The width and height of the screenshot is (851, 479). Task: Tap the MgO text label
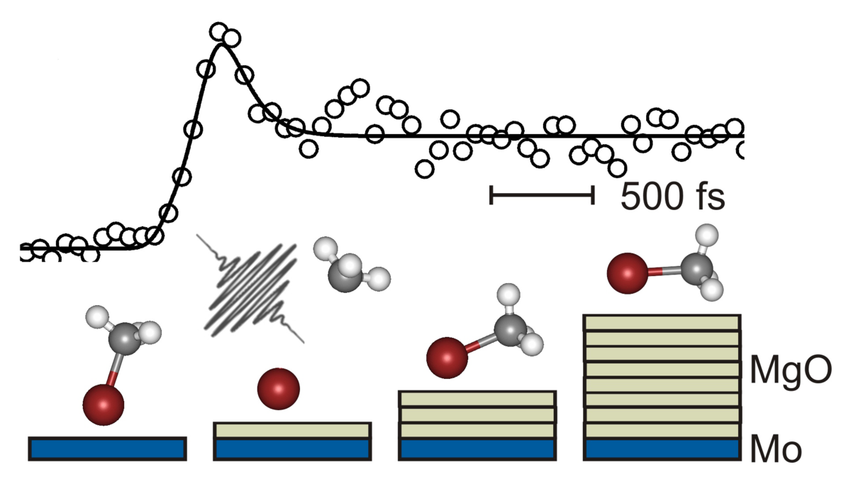click(x=789, y=372)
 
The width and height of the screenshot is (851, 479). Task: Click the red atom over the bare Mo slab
click(x=104, y=404)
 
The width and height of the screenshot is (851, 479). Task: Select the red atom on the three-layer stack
click(x=447, y=358)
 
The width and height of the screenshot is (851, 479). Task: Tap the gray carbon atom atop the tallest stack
click(x=698, y=268)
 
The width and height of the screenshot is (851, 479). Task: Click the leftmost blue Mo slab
click(x=108, y=448)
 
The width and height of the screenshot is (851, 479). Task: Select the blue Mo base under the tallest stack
click(x=661, y=448)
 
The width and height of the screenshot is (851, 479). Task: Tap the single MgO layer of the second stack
click(x=292, y=429)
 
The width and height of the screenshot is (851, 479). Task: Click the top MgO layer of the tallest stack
click(x=661, y=322)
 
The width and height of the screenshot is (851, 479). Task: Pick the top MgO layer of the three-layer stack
click(x=477, y=399)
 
